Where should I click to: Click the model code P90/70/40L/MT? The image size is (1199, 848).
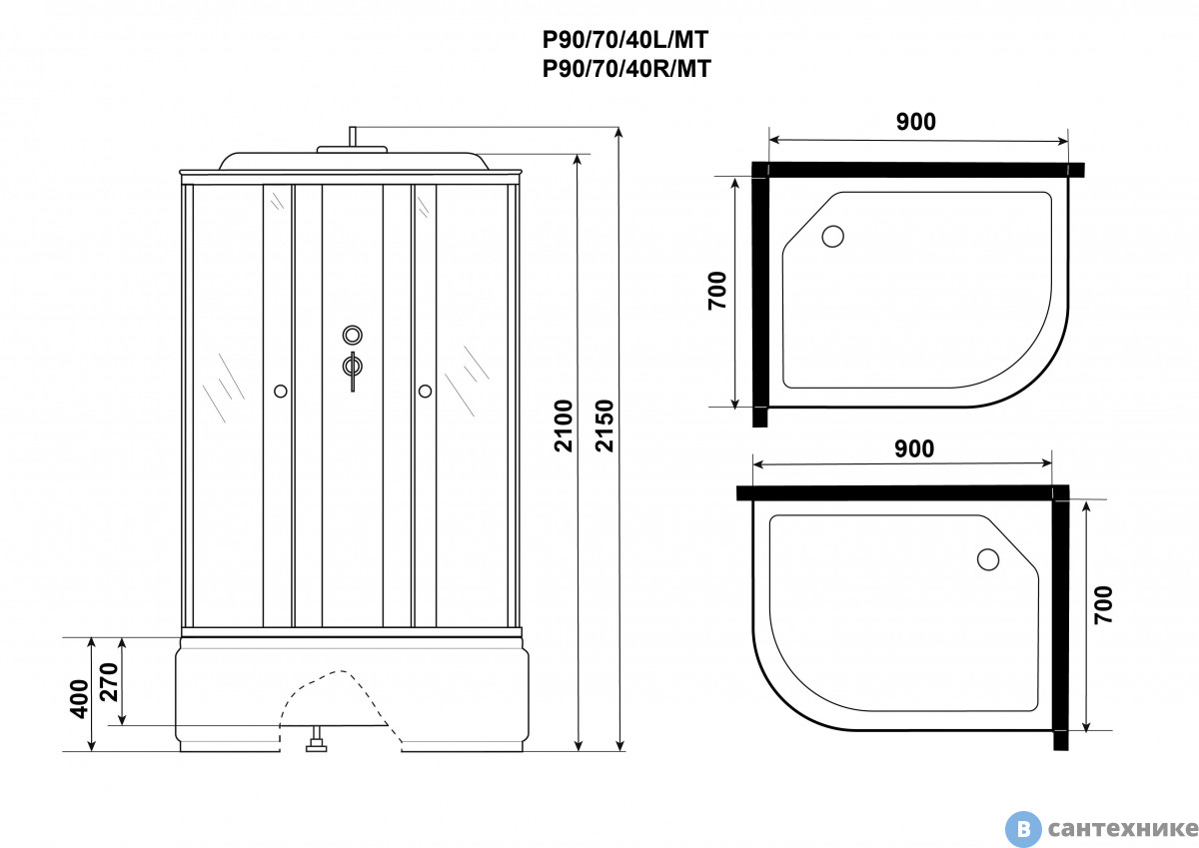coord(625,40)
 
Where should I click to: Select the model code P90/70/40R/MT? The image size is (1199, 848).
coord(626,69)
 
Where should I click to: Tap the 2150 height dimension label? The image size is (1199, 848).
coord(604,425)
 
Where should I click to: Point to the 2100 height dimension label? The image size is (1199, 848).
coord(564,425)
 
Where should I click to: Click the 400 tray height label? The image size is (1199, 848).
coord(79,699)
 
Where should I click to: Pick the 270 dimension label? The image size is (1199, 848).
coord(109,682)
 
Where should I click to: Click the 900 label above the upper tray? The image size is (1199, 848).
coord(916,122)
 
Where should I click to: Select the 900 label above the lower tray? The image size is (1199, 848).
coord(914,448)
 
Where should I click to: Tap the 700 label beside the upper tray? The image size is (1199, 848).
coord(717,291)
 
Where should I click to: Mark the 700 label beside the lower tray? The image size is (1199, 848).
coord(1104,605)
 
